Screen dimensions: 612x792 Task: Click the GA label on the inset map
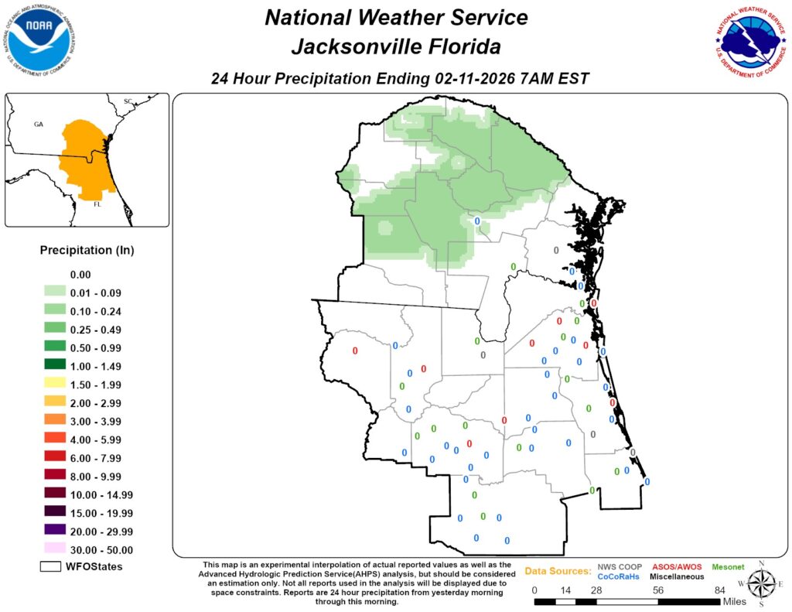coord(39,124)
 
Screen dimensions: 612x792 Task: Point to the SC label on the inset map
coord(128,101)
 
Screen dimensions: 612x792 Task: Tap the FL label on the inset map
coord(98,206)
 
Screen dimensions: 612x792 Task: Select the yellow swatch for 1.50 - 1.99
coord(54,385)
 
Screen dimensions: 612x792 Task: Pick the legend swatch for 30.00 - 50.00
coord(54,550)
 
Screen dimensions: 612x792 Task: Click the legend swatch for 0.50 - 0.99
coord(54,348)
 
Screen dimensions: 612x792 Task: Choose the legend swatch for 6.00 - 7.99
coord(54,458)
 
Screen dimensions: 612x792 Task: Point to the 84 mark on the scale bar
coord(719,590)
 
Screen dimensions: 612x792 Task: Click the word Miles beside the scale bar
coord(739,602)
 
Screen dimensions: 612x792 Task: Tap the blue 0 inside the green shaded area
coord(476,221)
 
